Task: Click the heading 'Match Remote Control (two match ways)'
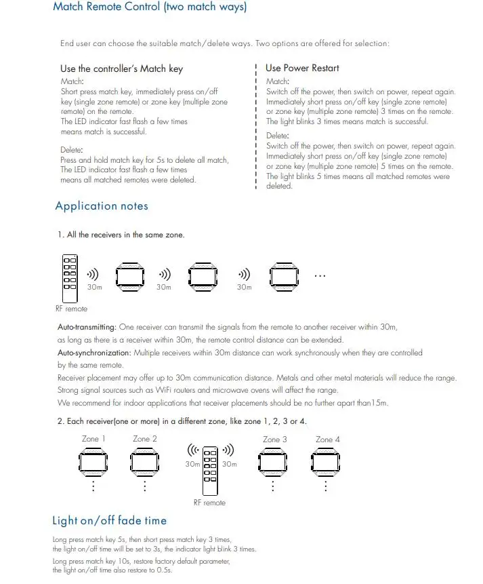tap(150, 8)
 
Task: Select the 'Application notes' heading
tap(102, 206)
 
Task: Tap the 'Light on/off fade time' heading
tap(109, 521)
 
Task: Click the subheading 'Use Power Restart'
tap(302, 68)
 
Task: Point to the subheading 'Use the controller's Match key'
tap(121, 69)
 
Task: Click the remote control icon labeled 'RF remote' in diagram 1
tap(70, 278)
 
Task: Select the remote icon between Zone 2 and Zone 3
tap(210, 469)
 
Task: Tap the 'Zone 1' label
tap(93, 440)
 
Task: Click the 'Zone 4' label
tap(328, 440)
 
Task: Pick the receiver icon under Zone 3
tap(275, 463)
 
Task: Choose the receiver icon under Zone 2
tap(145, 463)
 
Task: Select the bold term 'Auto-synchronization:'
tap(94, 353)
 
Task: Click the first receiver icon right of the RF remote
tap(129, 276)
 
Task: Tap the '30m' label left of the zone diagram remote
tap(192, 465)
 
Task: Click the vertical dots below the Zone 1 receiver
tap(93, 487)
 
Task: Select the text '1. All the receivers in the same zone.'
tap(121, 235)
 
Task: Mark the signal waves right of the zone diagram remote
tap(229, 450)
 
